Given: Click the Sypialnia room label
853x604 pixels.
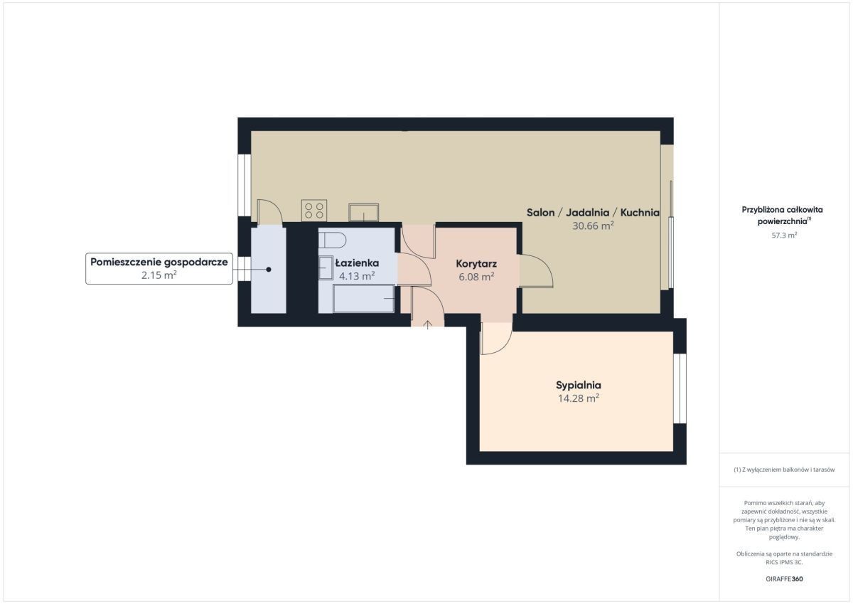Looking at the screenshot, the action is pos(578,386).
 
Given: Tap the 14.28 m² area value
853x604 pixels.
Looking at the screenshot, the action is pos(579,398).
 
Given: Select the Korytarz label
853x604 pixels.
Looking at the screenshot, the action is pos(476,264).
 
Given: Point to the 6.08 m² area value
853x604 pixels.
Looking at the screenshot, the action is pos(476,277).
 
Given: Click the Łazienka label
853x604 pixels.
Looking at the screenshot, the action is pos(357,263).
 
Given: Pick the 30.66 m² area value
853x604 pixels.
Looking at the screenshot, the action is pos(593,226).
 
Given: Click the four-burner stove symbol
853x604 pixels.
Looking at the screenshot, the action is pos(313,211).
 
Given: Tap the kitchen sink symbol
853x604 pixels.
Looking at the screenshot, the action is pos(364,213).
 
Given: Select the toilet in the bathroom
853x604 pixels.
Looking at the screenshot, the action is pos(333,240).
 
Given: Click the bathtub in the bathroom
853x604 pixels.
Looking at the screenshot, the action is pos(364,299).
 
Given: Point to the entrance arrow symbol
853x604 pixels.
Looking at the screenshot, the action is pos(428,324).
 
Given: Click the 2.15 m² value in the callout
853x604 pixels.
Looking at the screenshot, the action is pos(159,275).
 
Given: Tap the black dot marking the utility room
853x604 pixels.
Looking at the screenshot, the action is pos(269,270).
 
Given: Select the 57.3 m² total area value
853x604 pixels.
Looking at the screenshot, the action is pos(784,235).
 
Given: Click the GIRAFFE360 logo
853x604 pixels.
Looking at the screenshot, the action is pos(784,579).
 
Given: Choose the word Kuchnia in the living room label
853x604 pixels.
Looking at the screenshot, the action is pos(640,213).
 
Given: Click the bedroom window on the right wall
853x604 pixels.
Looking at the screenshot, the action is pos(680,388).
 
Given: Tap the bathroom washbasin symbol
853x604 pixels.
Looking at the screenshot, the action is pos(326,268).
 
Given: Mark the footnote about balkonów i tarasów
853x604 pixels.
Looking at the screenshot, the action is pos(784,470).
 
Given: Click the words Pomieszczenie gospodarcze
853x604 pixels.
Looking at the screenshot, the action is pos(159,263).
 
